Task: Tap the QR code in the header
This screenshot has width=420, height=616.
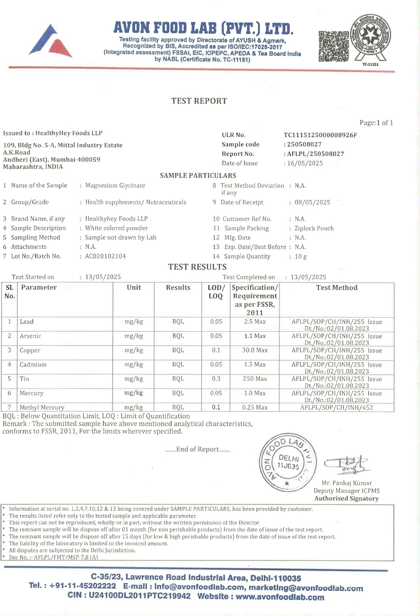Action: (x=333, y=46)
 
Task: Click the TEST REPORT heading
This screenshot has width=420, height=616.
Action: (x=199, y=101)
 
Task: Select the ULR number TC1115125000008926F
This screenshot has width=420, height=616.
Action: (x=320, y=135)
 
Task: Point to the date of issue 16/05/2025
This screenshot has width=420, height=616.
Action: (x=305, y=163)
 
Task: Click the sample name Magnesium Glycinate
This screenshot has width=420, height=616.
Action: (x=115, y=186)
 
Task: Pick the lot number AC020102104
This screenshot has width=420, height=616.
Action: (x=105, y=256)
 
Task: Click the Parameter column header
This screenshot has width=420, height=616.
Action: (x=39, y=287)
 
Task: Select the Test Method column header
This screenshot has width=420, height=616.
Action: (x=337, y=288)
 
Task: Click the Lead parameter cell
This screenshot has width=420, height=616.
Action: (x=27, y=322)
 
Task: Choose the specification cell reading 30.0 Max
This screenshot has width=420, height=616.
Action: (x=255, y=350)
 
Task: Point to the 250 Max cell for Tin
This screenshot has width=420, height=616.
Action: (x=255, y=379)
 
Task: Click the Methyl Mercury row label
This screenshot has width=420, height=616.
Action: (x=42, y=407)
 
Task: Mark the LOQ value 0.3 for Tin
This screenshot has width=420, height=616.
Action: (x=216, y=379)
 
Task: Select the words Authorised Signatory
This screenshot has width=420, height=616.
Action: (x=346, y=499)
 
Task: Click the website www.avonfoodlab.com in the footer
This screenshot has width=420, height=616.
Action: (x=280, y=597)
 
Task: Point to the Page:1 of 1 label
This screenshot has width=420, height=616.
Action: (x=376, y=123)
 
